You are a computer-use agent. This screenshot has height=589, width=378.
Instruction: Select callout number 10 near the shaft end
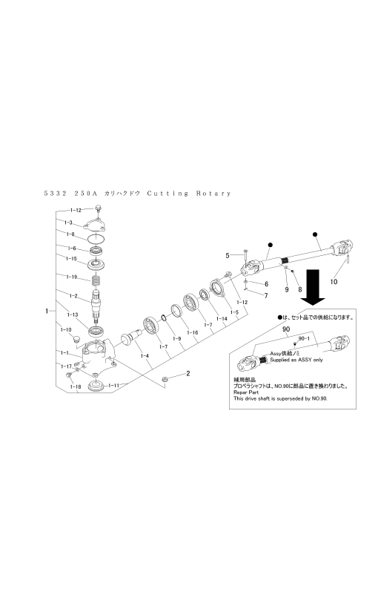click(334, 282)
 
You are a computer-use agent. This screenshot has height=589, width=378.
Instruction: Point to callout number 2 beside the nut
click(188, 374)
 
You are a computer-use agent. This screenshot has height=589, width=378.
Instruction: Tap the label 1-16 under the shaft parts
click(193, 333)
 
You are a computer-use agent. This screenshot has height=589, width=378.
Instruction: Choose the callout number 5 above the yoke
click(229, 255)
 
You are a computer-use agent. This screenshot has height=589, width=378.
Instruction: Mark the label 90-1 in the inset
click(302, 338)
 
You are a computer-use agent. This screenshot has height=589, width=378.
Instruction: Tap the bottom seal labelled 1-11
click(96, 386)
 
